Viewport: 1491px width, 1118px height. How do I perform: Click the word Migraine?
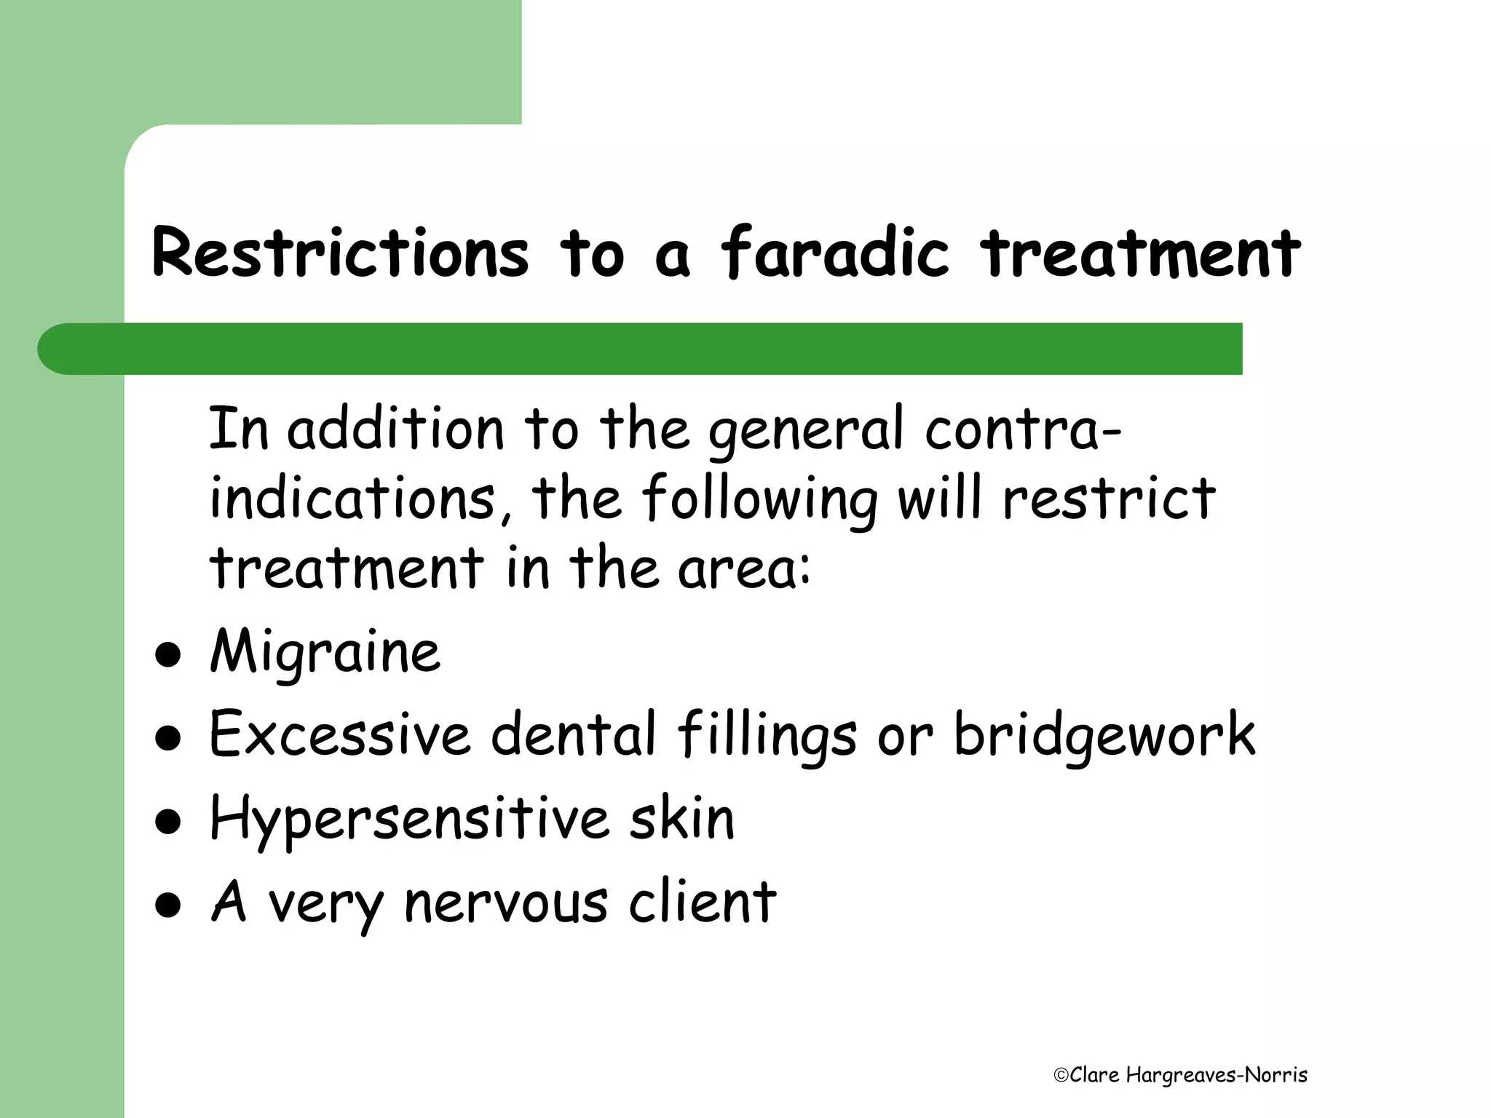(325, 651)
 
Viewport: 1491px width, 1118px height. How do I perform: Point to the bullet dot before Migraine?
(168, 655)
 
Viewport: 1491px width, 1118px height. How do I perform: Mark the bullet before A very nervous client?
(168, 906)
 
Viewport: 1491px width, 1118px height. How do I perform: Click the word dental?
(574, 734)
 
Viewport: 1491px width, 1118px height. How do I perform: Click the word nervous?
(505, 903)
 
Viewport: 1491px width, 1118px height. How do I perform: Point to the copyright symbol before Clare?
(1061, 1076)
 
